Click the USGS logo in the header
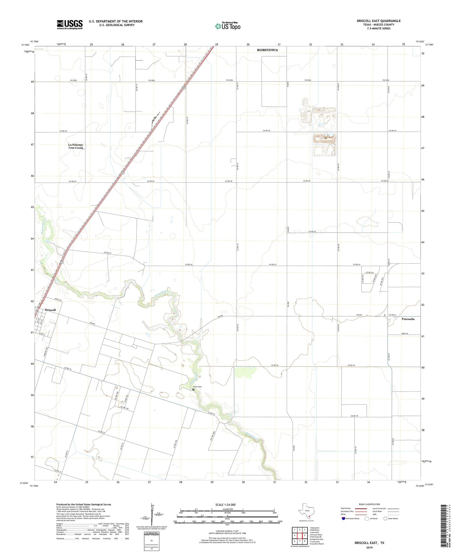(x=70, y=24)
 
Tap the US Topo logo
(x=227, y=26)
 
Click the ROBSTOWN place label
(x=267, y=50)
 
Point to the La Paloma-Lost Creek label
(x=76, y=146)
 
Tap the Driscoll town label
(x=50, y=310)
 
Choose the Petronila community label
(x=408, y=319)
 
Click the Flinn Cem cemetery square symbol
(x=193, y=389)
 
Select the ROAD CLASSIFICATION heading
(x=369, y=504)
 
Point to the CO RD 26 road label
(x=312, y=232)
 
